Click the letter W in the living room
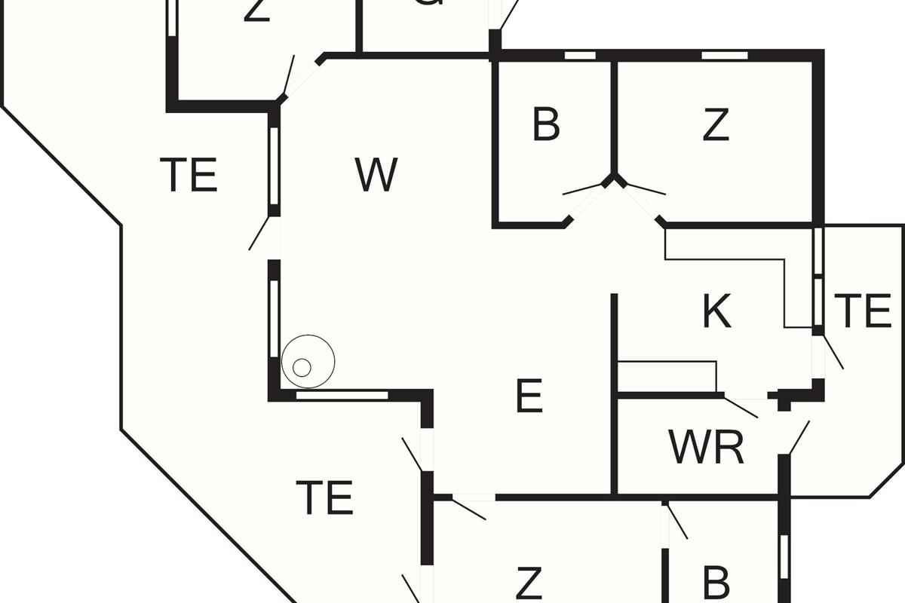click(376, 175)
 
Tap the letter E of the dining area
click(529, 396)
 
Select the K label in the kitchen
click(716, 311)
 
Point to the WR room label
click(707, 448)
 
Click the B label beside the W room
click(546, 124)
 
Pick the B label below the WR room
click(716, 582)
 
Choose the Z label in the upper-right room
click(716, 124)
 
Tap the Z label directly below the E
click(529, 583)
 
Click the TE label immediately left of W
click(189, 175)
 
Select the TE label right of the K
click(863, 311)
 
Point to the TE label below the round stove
click(325, 497)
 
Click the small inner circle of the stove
click(302, 368)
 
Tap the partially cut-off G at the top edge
click(428, 4)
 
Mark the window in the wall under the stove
click(342, 395)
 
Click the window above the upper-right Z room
click(725, 55)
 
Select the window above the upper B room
click(581, 55)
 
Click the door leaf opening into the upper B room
click(585, 188)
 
